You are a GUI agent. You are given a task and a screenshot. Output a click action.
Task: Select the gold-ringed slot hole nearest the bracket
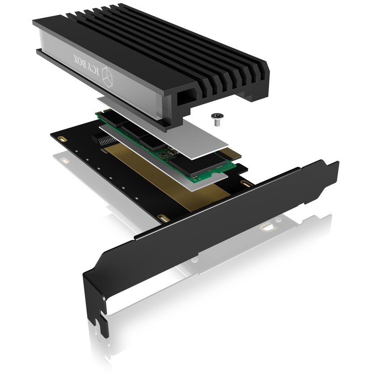point(248,184)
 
